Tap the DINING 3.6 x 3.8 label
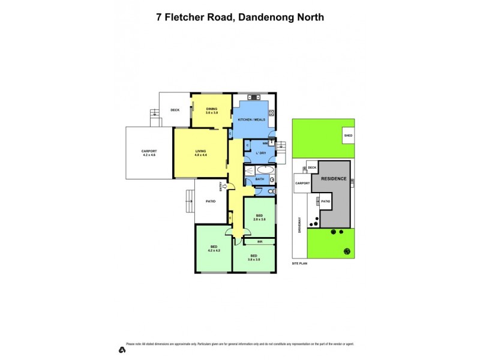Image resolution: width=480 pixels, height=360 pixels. (212, 110)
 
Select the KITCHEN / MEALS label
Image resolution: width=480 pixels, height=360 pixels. (251, 120)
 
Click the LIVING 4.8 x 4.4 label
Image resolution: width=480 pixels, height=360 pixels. (200, 153)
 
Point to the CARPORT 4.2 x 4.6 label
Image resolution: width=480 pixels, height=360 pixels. (149, 153)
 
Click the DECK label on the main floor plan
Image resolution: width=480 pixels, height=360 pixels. (175, 110)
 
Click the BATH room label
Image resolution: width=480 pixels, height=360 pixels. (260, 179)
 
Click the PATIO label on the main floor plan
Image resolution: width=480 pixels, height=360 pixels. (211, 201)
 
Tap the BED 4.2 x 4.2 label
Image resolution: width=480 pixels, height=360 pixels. (214, 248)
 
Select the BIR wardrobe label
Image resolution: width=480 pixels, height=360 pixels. (260, 242)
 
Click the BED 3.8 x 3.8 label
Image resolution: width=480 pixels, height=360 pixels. (255, 259)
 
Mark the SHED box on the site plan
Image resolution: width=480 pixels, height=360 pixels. (348, 136)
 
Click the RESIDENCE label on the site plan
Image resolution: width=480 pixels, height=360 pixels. (334, 179)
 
